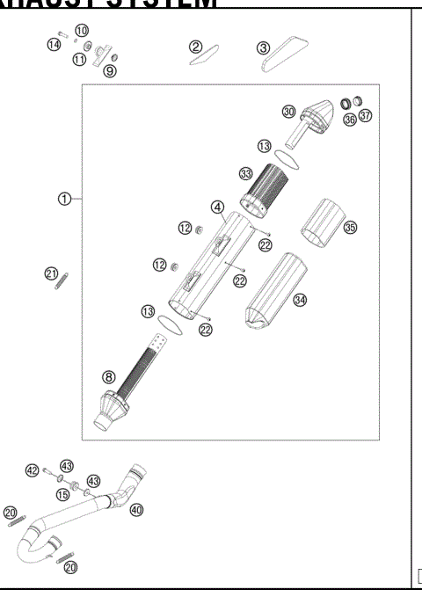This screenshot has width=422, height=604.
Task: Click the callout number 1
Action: point(64,199)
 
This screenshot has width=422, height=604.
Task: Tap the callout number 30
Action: point(288,111)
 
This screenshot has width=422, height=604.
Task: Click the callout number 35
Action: point(350,228)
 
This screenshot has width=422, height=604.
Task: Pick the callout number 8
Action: point(108,377)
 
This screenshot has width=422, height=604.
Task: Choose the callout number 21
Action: point(51,274)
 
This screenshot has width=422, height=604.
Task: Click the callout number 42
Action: point(33,471)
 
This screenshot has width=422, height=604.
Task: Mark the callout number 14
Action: point(55,44)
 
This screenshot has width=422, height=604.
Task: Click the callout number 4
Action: point(215,207)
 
